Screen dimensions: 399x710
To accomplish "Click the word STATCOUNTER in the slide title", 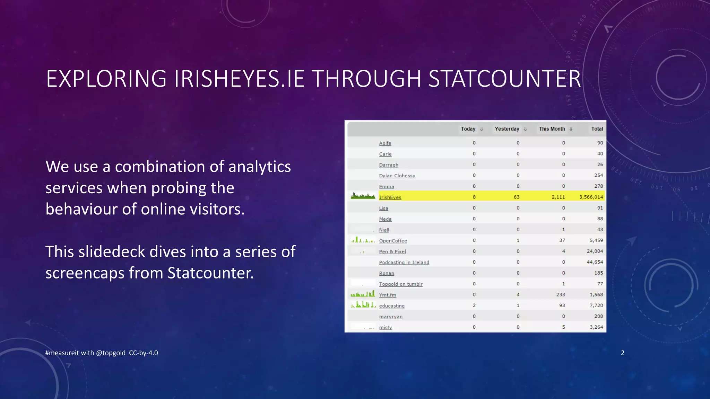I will (x=504, y=79).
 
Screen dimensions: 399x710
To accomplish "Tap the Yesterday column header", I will (x=507, y=129).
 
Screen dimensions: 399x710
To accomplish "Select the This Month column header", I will (x=552, y=129).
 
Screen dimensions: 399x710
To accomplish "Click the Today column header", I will (x=468, y=129).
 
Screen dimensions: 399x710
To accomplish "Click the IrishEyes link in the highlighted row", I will (x=390, y=197).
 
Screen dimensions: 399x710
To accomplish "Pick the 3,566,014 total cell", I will (x=591, y=197).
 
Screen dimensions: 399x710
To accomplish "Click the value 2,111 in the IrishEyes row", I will (x=558, y=197).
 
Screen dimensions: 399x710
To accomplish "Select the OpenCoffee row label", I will (x=393, y=241).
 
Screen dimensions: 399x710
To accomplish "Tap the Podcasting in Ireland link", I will (x=404, y=263).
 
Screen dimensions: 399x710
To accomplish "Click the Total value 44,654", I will (x=595, y=262).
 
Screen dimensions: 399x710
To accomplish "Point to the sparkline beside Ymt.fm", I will (x=363, y=294).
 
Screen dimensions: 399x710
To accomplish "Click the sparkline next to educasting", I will (x=363, y=305).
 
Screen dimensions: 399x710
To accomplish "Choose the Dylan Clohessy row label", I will (x=397, y=176).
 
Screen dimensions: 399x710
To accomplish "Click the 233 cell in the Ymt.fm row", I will (x=560, y=295).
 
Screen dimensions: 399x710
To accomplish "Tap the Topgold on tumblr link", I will (x=400, y=284).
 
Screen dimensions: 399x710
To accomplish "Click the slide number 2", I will (x=622, y=353).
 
